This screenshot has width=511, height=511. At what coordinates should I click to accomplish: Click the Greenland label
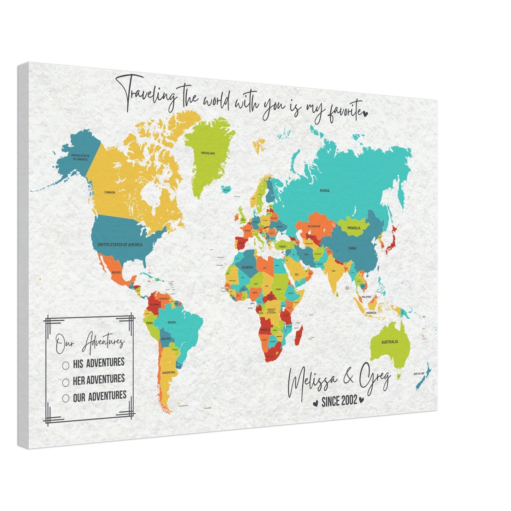pos(208,153)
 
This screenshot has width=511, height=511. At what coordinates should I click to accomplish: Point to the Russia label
pos(324,191)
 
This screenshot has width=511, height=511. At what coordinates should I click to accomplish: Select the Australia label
pos(389,342)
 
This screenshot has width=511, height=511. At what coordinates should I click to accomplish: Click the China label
pos(352,248)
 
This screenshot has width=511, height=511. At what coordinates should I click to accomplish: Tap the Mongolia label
pos(354,228)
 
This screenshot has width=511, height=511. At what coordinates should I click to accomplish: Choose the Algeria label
pos(247,268)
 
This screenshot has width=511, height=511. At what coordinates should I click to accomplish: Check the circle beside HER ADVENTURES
pos(65,382)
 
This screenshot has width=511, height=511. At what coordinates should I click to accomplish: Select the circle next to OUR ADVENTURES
pos(65,398)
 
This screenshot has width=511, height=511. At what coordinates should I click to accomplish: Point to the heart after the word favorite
pos(366,114)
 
